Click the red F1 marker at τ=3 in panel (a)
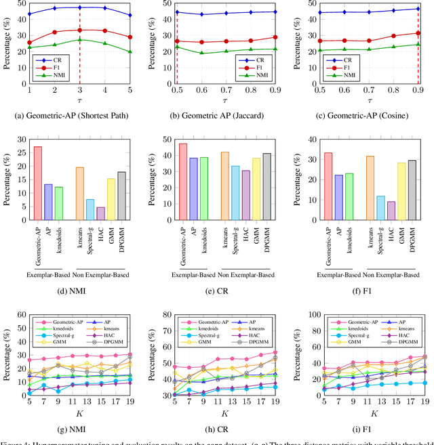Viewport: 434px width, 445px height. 80,30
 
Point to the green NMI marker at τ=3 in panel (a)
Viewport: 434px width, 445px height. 80,40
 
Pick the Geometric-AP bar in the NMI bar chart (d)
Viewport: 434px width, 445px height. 37,183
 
